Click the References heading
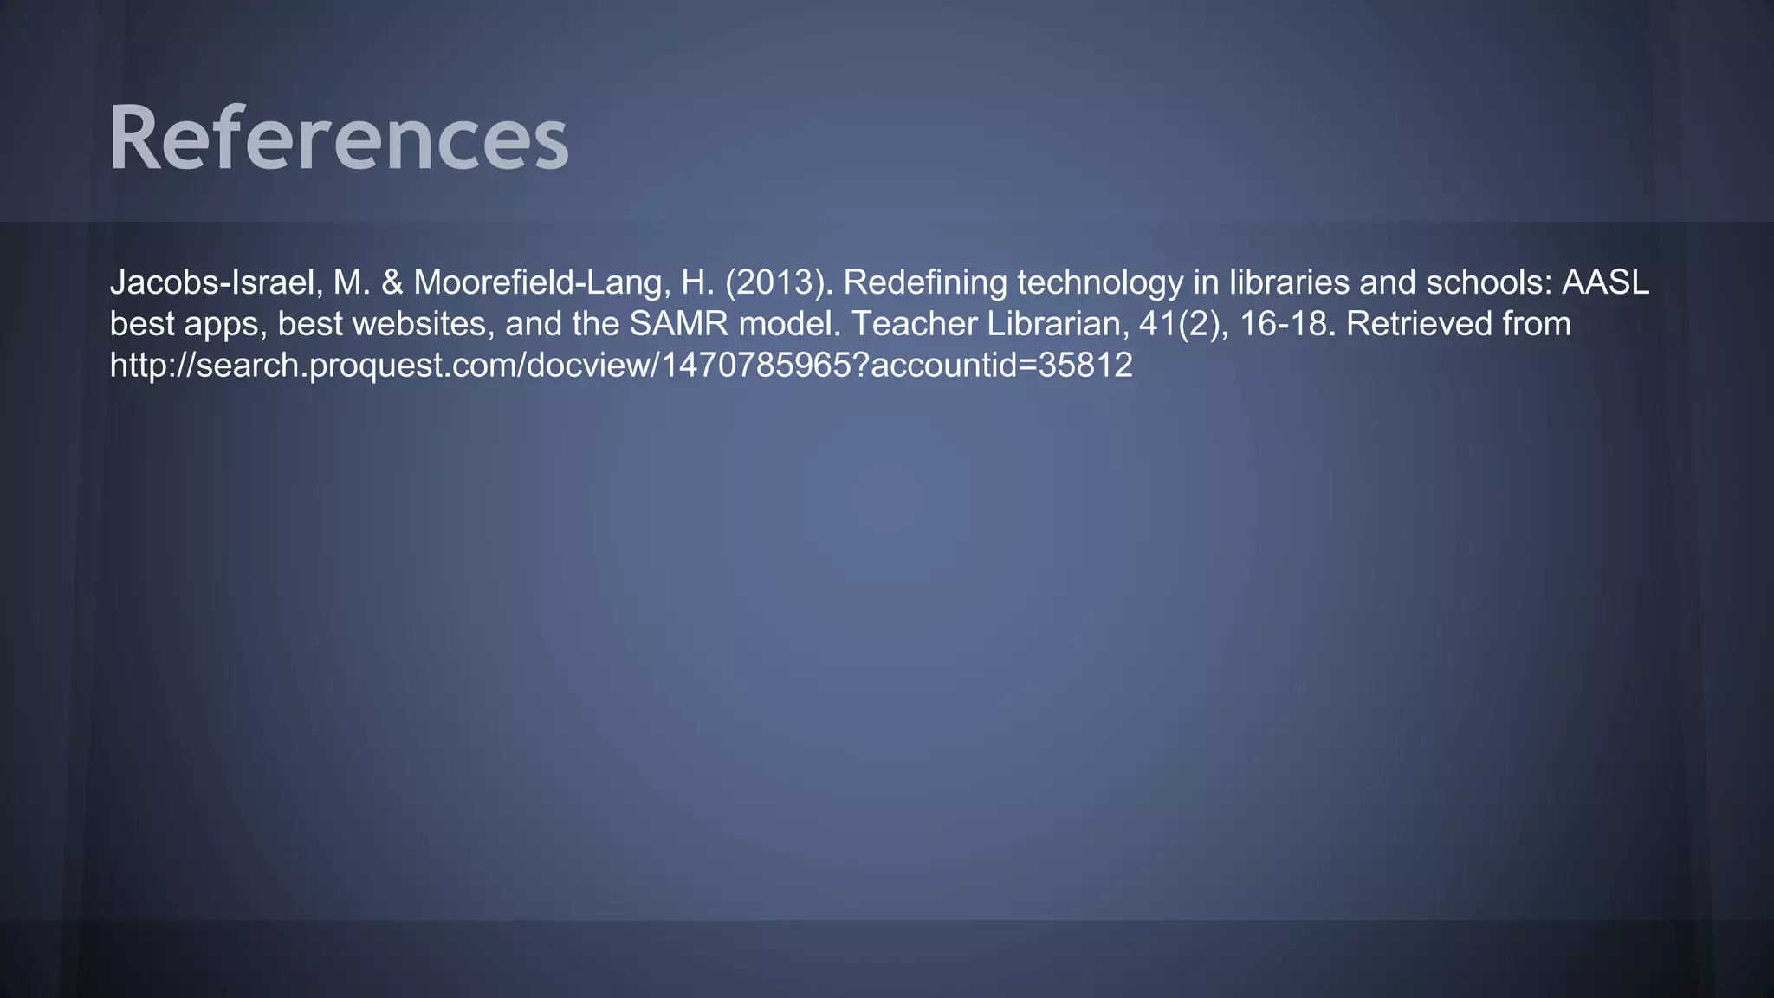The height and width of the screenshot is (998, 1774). pos(338,139)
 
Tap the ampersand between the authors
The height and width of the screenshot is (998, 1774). pos(392,282)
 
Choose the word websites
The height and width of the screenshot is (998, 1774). pos(419,324)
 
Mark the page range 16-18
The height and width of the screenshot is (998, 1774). pos(1288,324)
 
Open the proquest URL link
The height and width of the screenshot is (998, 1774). pos(621,366)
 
